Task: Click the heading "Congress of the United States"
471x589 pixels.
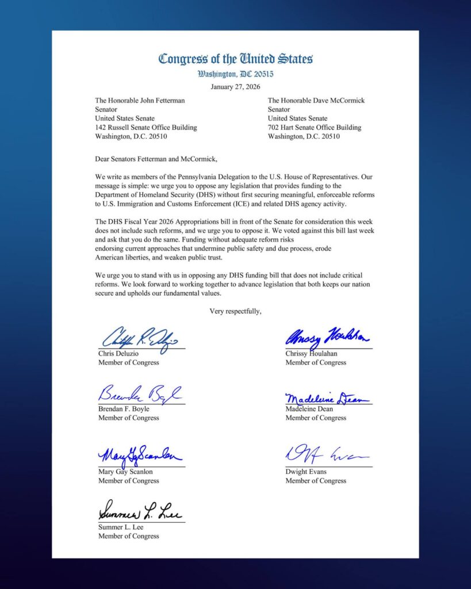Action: pos(235,59)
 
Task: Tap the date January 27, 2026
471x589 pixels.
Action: pos(235,87)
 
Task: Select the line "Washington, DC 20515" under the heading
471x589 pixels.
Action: pos(235,74)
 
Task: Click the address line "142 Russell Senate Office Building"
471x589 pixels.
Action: pos(145,128)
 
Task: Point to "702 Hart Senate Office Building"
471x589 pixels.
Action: pos(315,128)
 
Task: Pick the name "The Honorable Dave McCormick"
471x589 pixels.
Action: pos(316,100)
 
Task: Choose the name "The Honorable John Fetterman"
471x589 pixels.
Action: pos(140,100)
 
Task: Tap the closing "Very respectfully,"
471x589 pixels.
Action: pos(235,311)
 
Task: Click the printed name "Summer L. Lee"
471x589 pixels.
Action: pos(121,527)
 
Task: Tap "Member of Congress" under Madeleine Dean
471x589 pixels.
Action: pos(316,418)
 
